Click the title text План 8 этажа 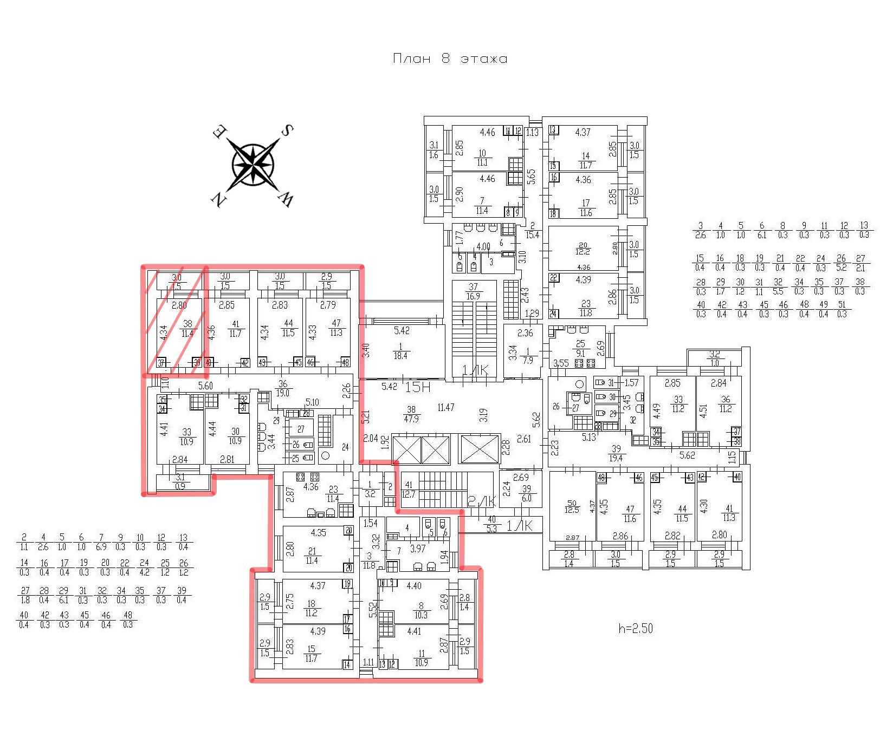coord(450,58)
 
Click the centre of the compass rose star coord(253,163)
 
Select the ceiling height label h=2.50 coord(636,629)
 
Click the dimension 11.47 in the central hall coord(445,407)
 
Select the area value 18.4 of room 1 coord(400,356)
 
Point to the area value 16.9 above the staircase coord(473,296)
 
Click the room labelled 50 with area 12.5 coord(572,506)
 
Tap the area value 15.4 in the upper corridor coord(533,235)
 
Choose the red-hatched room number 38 coord(187,324)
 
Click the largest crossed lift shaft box coord(479,449)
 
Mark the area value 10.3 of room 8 coord(421,615)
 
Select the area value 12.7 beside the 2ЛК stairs coord(409,494)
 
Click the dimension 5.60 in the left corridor coord(205,386)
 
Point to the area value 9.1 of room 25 coord(581,353)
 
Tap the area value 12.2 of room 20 coord(583,252)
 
